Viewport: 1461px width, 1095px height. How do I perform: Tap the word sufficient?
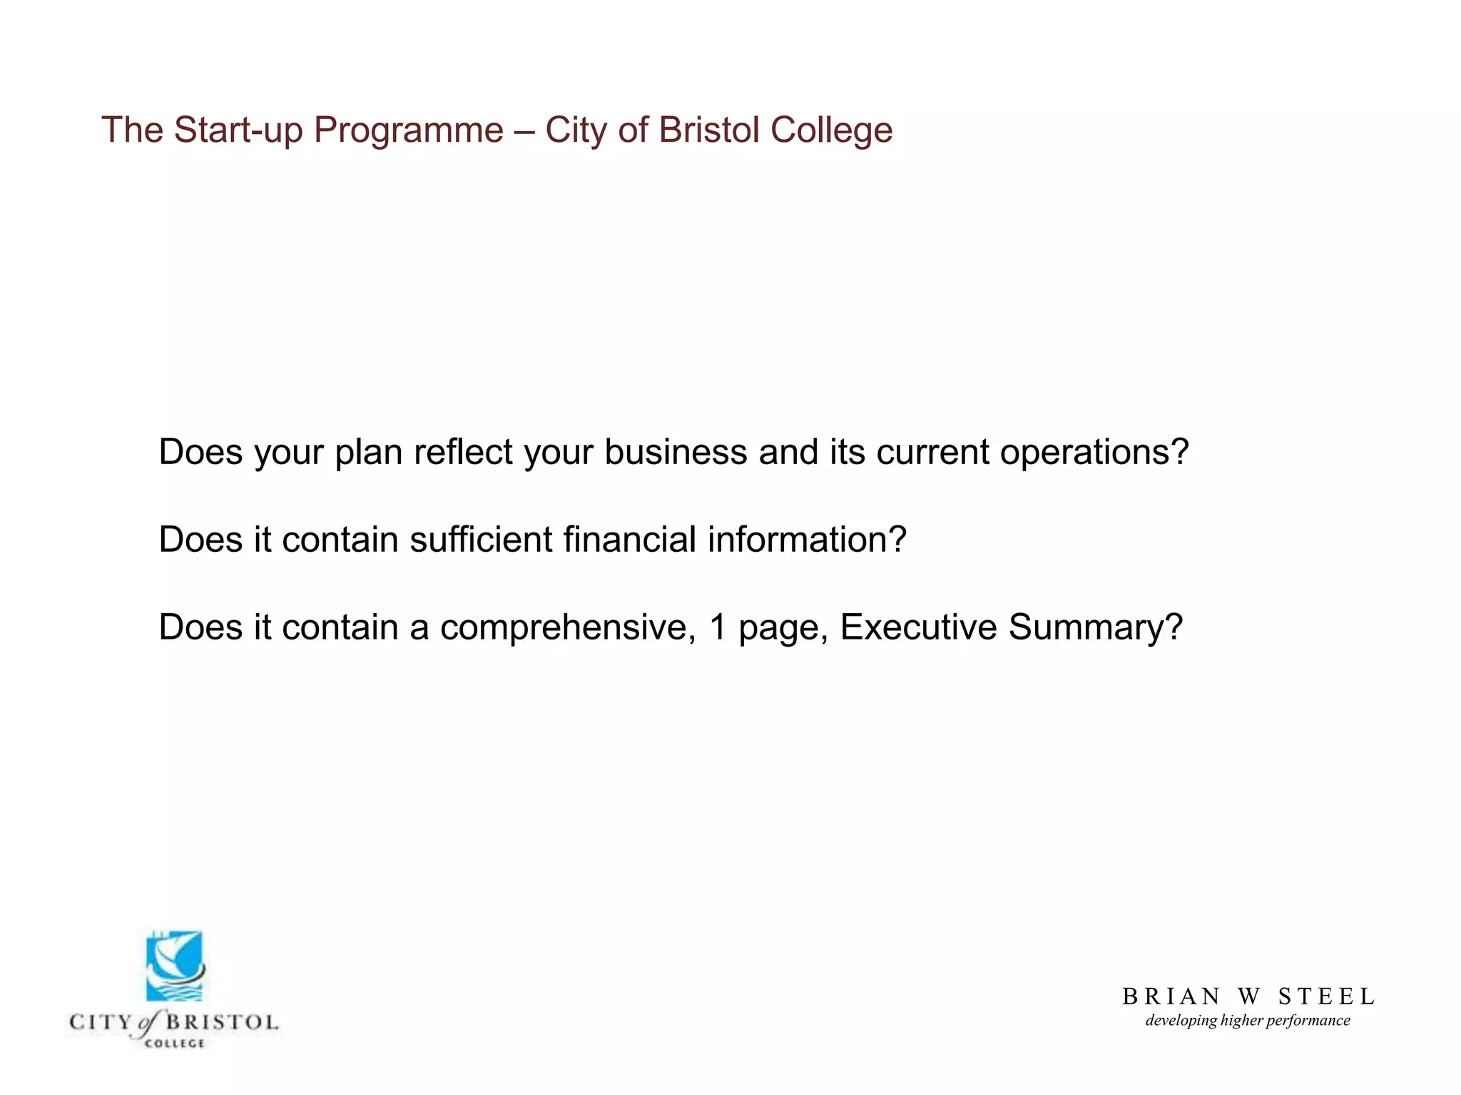point(481,540)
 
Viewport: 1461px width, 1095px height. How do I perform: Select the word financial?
point(629,540)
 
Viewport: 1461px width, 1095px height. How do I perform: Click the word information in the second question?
point(807,540)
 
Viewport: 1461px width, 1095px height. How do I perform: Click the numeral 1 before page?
point(718,627)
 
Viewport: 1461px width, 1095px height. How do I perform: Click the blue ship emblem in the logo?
point(175,966)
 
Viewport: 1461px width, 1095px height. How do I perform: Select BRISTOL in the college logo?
point(222,1022)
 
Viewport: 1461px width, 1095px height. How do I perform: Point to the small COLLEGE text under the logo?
point(175,1044)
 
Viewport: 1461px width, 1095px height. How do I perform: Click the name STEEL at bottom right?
point(1326,996)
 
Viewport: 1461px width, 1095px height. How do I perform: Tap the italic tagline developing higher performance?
point(1248,1021)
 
